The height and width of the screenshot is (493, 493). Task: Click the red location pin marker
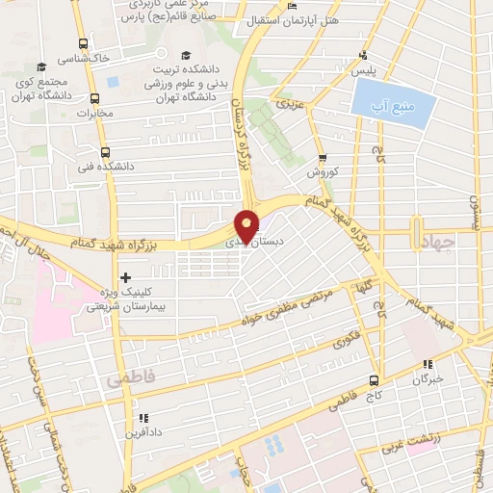[246, 225]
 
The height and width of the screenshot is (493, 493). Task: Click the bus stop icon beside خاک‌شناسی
[84, 43]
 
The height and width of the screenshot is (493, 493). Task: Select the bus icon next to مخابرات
[94, 99]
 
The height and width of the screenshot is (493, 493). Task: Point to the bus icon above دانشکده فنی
[105, 151]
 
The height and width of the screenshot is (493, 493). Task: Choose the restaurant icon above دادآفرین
[143, 418]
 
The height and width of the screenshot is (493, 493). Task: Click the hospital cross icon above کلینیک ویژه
[125, 277]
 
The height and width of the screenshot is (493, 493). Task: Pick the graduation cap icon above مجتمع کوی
[41, 66]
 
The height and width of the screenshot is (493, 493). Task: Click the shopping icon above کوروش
[322, 159]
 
